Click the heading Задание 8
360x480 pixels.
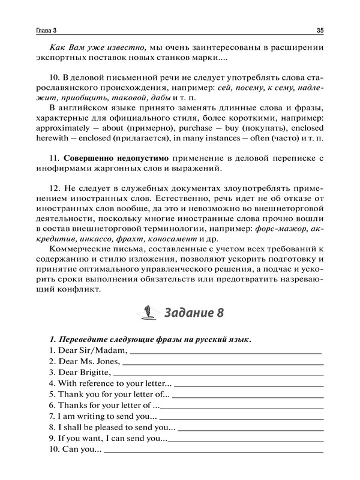click(x=194, y=313)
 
